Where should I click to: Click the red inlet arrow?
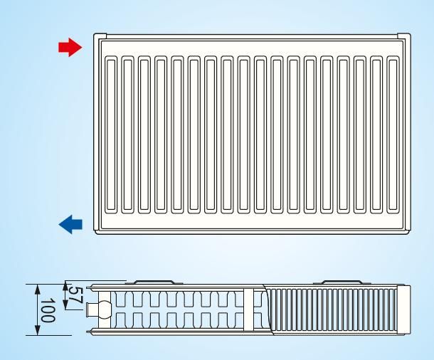[x=70, y=48]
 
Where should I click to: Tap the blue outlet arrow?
[x=70, y=224]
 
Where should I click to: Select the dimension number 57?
[x=75, y=295]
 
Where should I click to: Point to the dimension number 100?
[x=48, y=310]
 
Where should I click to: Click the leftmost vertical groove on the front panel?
[x=111, y=134]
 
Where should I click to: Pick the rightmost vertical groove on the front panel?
[x=393, y=134]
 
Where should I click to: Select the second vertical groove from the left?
[x=127, y=134]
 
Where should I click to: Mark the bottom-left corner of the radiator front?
[x=95, y=233]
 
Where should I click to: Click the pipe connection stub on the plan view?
[x=92, y=309]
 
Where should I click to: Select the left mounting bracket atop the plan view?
[x=154, y=282]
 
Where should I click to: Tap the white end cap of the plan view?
[x=404, y=310]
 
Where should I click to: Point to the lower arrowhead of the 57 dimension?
[x=65, y=305]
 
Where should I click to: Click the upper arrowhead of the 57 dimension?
[x=65, y=286]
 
